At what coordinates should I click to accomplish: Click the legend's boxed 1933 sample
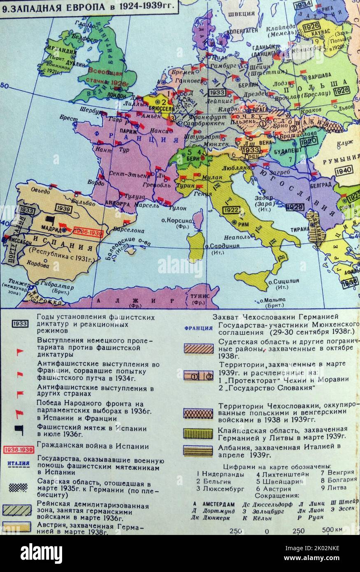click(20, 324)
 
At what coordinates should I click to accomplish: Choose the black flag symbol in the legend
click(19, 429)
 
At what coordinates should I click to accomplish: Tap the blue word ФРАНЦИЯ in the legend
click(198, 328)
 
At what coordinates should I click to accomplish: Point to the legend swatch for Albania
click(198, 451)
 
